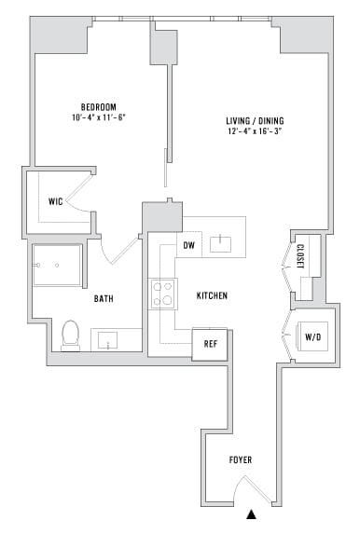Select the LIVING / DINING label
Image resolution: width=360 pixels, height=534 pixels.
[x=255, y=121]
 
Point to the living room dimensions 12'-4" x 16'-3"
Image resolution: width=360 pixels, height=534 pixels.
[x=255, y=132]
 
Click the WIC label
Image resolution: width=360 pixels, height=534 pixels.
[x=55, y=201]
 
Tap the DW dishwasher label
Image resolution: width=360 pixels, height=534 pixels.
[x=188, y=246]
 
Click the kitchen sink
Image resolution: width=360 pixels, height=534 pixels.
[x=221, y=244]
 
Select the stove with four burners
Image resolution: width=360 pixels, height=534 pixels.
[x=162, y=294]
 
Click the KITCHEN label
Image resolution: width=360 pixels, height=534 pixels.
[x=213, y=296]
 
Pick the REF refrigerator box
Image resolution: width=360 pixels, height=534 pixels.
[x=210, y=344]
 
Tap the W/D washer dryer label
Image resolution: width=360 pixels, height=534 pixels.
[x=312, y=336]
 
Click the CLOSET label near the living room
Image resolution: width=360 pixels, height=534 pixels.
[x=300, y=257]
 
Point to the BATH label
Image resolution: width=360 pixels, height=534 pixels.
[x=104, y=299]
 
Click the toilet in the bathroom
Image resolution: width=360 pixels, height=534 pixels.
[x=69, y=335]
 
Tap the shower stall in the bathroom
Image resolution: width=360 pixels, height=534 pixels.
[x=58, y=267]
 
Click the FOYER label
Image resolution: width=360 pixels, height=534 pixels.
[x=241, y=460]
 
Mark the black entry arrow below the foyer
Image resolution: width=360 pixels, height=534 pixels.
[x=250, y=513]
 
